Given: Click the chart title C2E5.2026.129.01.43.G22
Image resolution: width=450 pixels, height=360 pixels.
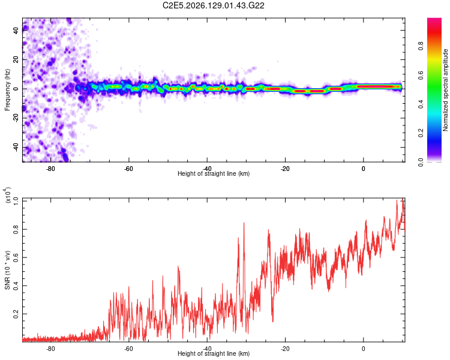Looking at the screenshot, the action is click(x=213, y=5).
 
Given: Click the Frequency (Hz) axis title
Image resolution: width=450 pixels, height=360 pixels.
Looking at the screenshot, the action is click(x=7, y=90).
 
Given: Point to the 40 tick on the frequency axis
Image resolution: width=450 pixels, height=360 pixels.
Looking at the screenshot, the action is click(x=16, y=30).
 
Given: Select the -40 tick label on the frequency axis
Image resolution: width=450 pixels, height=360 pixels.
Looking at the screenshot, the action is click(x=16, y=148).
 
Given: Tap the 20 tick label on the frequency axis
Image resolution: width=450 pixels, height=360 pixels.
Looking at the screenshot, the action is click(x=16, y=59).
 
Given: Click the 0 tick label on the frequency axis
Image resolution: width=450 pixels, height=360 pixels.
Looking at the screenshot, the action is click(x=16, y=89).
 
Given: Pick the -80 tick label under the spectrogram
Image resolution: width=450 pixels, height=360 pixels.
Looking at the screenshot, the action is click(x=50, y=169).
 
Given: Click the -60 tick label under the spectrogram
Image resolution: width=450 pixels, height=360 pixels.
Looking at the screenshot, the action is click(x=128, y=169).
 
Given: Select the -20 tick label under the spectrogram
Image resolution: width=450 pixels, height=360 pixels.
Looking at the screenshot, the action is click(x=284, y=169).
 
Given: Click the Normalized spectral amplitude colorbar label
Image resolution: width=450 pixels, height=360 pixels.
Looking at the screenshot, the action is click(x=445, y=90).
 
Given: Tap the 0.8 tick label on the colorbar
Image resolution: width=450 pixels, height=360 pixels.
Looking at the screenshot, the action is click(x=421, y=46).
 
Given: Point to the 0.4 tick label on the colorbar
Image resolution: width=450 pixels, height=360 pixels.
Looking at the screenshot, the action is click(x=421, y=104).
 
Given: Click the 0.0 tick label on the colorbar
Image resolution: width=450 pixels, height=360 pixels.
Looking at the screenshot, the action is click(x=421, y=162).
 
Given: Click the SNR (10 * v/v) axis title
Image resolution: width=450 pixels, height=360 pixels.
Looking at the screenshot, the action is click(x=7, y=270).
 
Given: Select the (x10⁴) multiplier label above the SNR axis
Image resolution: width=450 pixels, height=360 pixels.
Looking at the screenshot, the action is click(x=8, y=195).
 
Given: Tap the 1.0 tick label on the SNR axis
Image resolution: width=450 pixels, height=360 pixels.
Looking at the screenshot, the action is click(x=16, y=201).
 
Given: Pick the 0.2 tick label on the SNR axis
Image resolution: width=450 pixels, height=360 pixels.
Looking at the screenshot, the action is click(x=16, y=314).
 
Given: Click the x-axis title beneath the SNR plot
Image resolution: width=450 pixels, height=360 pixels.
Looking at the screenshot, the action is click(x=214, y=353).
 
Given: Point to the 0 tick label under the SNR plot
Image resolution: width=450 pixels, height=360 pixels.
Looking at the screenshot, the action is click(x=363, y=349).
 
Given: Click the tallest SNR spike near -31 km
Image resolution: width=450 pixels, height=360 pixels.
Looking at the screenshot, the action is click(x=244, y=223).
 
